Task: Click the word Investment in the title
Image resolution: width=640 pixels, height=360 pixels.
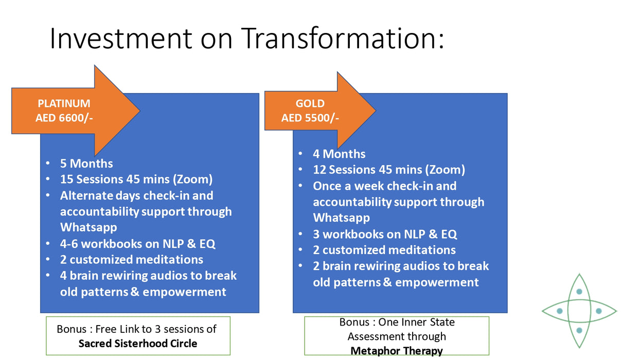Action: [120, 38]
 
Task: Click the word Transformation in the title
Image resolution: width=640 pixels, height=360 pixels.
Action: [337, 38]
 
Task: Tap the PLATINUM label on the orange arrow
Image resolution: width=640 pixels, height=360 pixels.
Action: [64, 104]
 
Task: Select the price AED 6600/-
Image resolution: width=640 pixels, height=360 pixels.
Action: [64, 118]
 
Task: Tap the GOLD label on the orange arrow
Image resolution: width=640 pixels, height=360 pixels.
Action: [310, 104]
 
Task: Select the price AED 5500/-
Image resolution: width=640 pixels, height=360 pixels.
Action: [310, 118]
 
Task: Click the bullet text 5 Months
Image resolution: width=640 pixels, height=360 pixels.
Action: [86, 164]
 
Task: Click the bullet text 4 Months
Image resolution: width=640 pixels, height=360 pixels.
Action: [339, 154]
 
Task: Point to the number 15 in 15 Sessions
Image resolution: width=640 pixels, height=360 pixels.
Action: [67, 179]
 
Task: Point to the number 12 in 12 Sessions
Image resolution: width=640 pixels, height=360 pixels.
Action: [320, 170]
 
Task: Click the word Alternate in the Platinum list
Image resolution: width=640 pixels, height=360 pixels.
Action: [85, 195]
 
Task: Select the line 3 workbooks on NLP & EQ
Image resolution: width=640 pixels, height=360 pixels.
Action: [385, 234]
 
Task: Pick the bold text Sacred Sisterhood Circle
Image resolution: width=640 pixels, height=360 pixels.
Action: [137, 343]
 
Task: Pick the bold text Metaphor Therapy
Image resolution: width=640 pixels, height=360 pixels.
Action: [396, 351]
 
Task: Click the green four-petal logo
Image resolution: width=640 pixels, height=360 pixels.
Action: [579, 311]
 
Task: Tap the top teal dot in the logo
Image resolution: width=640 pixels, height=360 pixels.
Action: [579, 292]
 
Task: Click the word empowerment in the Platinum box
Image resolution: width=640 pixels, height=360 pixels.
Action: [184, 292]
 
